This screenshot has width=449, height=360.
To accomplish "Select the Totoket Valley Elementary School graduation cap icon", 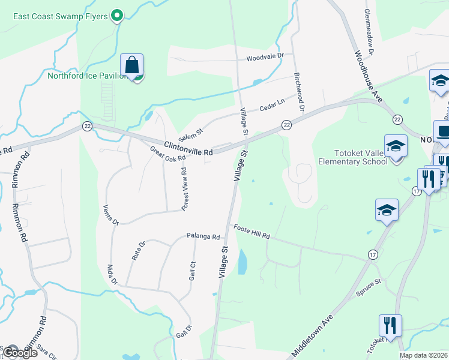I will tap(396, 146).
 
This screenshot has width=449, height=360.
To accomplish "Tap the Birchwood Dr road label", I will tap(300, 94).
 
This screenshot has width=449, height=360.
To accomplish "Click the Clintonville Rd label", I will tap(188, 148).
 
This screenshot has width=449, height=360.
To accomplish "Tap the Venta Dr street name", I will tap(111, 214).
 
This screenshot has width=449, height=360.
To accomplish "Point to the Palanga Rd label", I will tap(203, 236).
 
